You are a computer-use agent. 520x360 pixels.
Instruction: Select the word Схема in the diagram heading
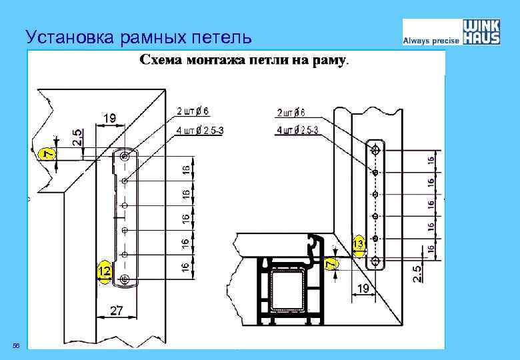[x=162, y=61]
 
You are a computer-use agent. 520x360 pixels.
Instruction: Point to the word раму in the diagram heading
[x=330, y=61]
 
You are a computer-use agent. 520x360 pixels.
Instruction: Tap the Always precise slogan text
[x=431, y=41]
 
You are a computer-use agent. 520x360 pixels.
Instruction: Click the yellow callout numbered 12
[x=103, y=271]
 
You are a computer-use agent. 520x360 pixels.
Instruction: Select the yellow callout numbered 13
[x=359, y=245]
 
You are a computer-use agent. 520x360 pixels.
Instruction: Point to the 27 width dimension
[x=117, y=310]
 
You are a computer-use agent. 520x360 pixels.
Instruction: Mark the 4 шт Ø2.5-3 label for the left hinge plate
[x=200, y=130]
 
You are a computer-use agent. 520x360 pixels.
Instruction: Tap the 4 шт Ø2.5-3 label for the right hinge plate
[x=297, y=129]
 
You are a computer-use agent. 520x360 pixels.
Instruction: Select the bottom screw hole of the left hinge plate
[x=125, y=278]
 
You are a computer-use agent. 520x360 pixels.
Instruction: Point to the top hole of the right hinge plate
[x=375, y=147]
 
